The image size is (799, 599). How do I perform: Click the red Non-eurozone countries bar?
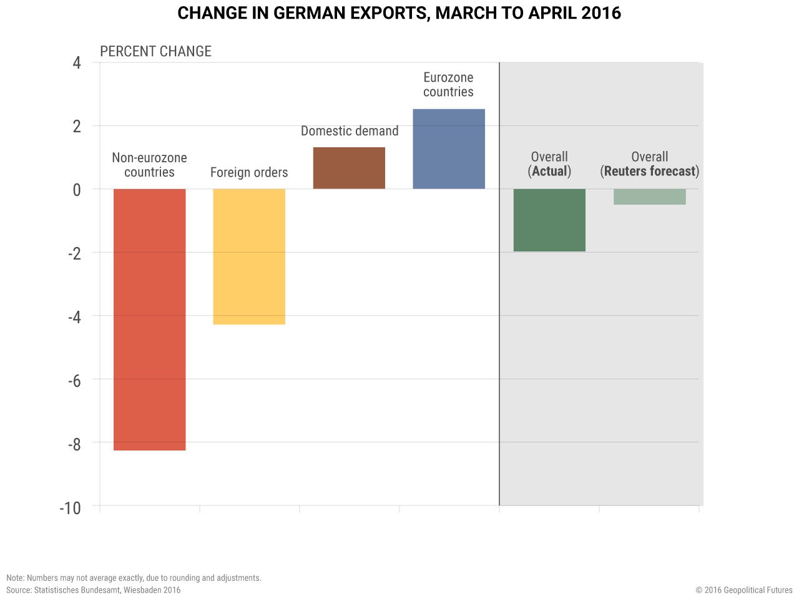pyautogui.click(x=149, y=319)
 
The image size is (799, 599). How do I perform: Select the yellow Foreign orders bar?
pyautogui.click(x=249, y=256)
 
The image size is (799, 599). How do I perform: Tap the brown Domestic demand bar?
pyautogui.click(x=349, y=168)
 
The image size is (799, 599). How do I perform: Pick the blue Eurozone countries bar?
pyautogui.click(x=449, y=149)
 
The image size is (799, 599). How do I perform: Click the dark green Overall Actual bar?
pyautogui.click(x=549, y=220)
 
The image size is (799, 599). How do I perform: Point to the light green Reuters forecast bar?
pyautogui.click(x=649, y=197)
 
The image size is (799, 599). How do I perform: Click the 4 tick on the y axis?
pyautogui.click(x=77, y=63)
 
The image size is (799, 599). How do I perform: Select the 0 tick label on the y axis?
pyautogui.click(x=77, y=190)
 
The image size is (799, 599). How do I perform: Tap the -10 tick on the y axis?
pyautogui.click(x=71, y=508)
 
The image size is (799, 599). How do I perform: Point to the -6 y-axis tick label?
pyautogui.click(x=74, y=381)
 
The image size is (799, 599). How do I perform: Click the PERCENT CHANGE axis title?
pyautogui.click(x=155, y=51)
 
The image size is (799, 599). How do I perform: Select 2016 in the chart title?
pyautogui.click(x=600, y=13)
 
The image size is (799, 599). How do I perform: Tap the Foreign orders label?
pyautogui.click(x=249, y=172)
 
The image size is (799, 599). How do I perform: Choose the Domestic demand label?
pyautogui.click(x=350, y=131)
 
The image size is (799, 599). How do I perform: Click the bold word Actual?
pyautogui.click(x=550, y=171)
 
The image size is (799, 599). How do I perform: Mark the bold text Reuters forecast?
pyautogui.click(x=650, y=171)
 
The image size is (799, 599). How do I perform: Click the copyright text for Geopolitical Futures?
pyautogui.click(x=744, y=590)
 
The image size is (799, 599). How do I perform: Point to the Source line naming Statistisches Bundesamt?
pyautogui.click(x=94, y=590)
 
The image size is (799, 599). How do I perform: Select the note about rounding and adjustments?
pyautogui.click(x=134, y=578)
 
